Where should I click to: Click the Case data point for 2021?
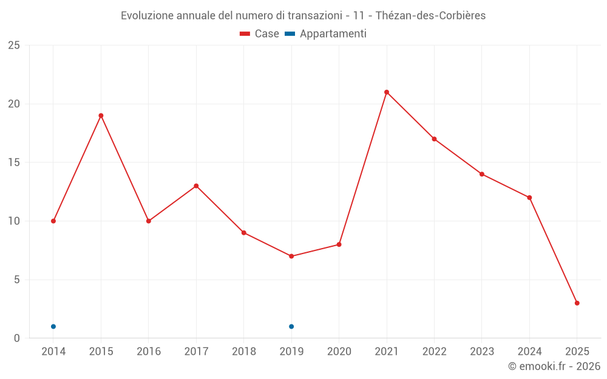pos(387,92)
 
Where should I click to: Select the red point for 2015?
pos(101,116)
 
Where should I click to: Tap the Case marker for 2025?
pos(577,303)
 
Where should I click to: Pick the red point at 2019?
pos(291,257)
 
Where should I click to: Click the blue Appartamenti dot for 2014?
pos(53,327)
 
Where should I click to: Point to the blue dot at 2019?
pos(291,327)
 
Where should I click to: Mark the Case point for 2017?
pos(196,186)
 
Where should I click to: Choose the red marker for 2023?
pos(482,174)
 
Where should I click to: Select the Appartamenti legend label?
pos(333,34)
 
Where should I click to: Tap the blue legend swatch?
pos(290,34)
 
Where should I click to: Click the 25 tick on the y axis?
pos(14,45)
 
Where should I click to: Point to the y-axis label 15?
pos(14,163)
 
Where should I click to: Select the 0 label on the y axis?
pos(17,338)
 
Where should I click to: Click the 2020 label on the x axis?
pos(339,352)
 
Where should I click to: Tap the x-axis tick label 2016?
pos(149,352)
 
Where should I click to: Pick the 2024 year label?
pos(529,352)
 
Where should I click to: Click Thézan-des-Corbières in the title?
pos(431,16)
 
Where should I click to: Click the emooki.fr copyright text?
pos(554,366)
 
